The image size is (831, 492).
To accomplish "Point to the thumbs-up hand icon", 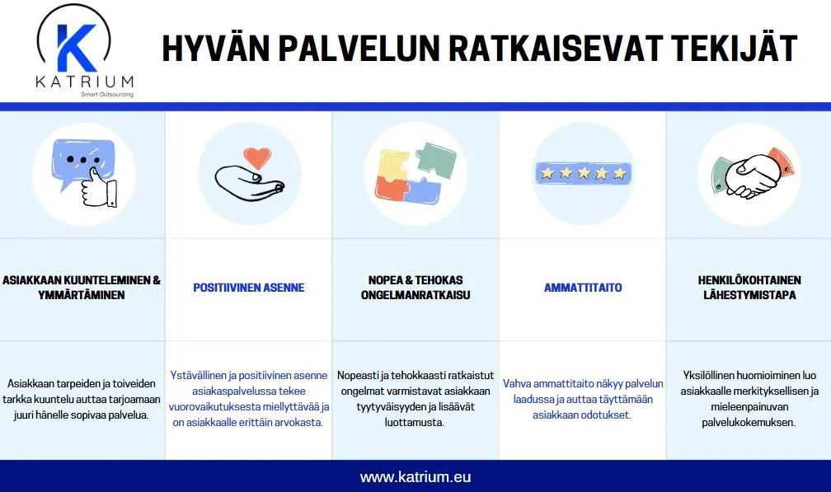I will pos(98,185).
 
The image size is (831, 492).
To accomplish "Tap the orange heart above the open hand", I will pos(258,157).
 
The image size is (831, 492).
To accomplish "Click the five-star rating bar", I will pos(583,173).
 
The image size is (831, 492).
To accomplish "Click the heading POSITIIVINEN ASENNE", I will pos(249,288).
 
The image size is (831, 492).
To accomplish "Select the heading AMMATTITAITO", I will pos(583,288).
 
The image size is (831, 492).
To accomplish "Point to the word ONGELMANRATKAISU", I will pos(415,295).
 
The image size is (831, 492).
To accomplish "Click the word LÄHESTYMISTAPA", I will pos(748,295).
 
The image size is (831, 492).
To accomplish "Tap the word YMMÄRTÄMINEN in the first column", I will pos(82,295).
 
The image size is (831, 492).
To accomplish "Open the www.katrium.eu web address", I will pos(415,477).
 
